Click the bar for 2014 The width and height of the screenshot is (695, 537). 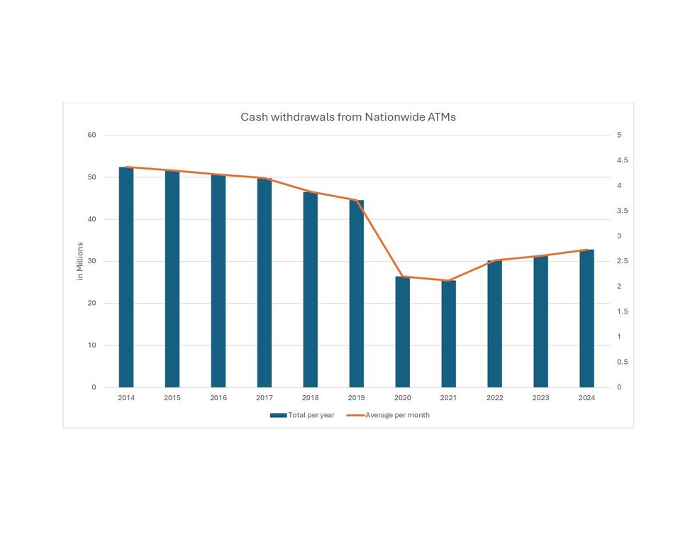click(x=126, y=277)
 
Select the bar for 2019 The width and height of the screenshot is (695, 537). click(x=357, y=294)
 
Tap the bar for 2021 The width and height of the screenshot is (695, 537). click(x=449, y=333)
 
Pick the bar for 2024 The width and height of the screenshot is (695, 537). click(x=586, y=319)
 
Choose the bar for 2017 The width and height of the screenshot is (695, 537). click(x=265, y=282)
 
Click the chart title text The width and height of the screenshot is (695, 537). click(x=347, y=117)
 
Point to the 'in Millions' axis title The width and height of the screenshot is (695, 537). click(x=80, y=261)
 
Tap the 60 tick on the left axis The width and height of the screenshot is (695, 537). click(x=92, y=135)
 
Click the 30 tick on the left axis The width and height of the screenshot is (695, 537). click(x=92, y=261)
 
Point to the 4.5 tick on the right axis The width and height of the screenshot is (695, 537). click(x=622, y=160)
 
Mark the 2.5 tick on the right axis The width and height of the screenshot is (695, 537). click(x=622, y=261)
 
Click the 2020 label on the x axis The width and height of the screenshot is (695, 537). click(x=403, y=398)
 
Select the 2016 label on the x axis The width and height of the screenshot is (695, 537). click(x=218, y=398)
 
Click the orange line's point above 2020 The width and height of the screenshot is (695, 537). click(x=403, y=277)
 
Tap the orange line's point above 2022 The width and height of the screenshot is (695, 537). click(x=494, y=260)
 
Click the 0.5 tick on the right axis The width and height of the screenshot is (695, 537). click(x=622, y=362)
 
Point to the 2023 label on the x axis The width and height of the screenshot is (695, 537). click(x=540, y=398)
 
